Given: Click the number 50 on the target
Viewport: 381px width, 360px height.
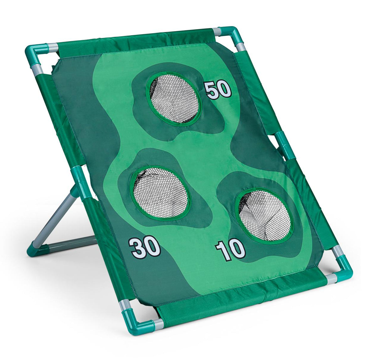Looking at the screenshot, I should point(218,90).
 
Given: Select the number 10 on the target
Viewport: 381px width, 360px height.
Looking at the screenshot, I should point(230,250).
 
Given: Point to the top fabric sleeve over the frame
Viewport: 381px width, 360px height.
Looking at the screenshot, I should point(135,41).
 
